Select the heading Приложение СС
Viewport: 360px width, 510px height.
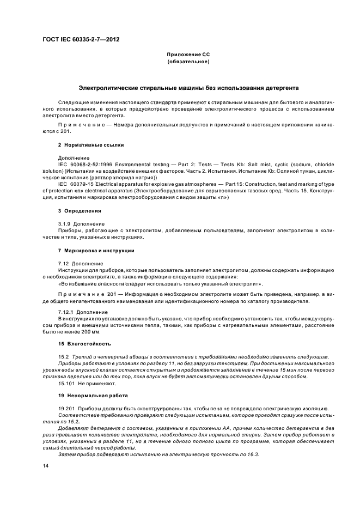click(x=188, y=55)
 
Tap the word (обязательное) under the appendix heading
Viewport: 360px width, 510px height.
click(x=188, y=62)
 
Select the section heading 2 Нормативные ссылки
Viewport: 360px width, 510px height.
click(x=91, y=145)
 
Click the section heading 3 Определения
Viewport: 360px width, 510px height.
click(x=79, y=210)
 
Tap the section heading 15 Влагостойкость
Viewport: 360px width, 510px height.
click(x=84, y=343)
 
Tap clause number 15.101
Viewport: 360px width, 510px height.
click(x=68, y=382)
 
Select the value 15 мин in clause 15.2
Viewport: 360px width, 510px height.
click(x=280, y=369)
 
